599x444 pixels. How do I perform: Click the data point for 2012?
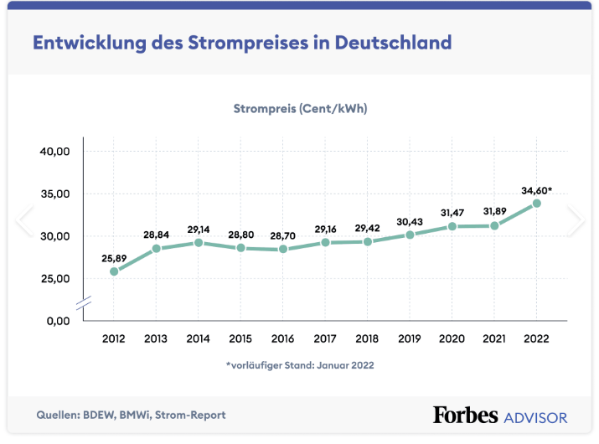[114, 271]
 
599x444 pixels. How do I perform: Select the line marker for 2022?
[537, 203]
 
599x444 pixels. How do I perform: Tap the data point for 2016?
[283, 250]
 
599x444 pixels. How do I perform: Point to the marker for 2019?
[410, 235]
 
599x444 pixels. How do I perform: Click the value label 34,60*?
[537, 191]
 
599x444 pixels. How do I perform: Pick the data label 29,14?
[199, 229]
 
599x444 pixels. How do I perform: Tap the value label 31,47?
[452, 212]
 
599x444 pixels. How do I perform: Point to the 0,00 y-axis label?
[59, 321]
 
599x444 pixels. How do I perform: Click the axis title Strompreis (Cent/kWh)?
[300, 109]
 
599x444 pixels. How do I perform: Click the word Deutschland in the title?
[393, 42]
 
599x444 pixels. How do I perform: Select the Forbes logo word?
[466, 415]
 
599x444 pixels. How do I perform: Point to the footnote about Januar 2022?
[300, 365]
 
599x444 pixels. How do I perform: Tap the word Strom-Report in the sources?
[194, 415]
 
